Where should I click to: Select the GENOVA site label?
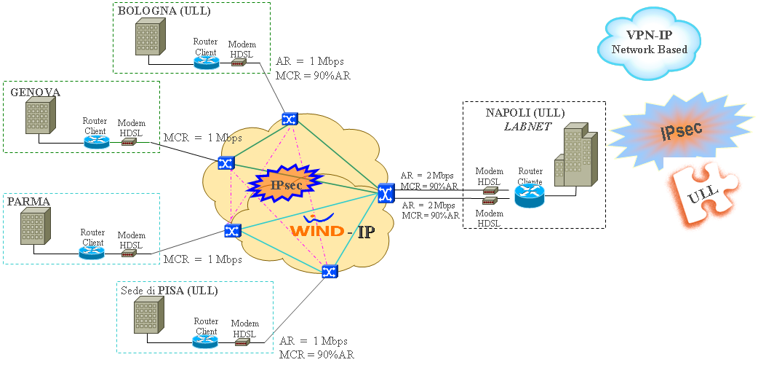[x=35, y=92]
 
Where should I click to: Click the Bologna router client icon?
[x=206, y=62]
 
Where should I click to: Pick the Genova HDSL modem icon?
[x=129, y=142]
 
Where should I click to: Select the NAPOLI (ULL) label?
[x=525, y=114]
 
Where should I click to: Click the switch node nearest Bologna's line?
[x=290, y=119]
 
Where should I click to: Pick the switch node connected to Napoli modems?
[x=386, y=192]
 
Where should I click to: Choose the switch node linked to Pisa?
[x=329, y=272]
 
